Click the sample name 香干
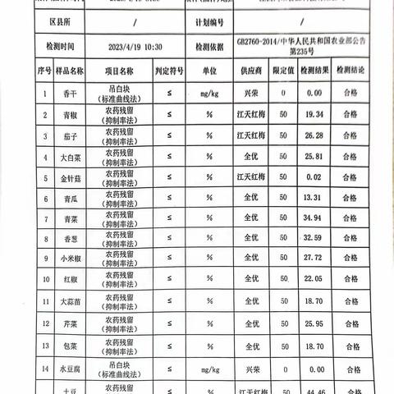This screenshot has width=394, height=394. [70, 93]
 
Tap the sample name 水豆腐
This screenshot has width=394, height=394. [70, 371]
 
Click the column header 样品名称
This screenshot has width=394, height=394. [70, 72]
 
